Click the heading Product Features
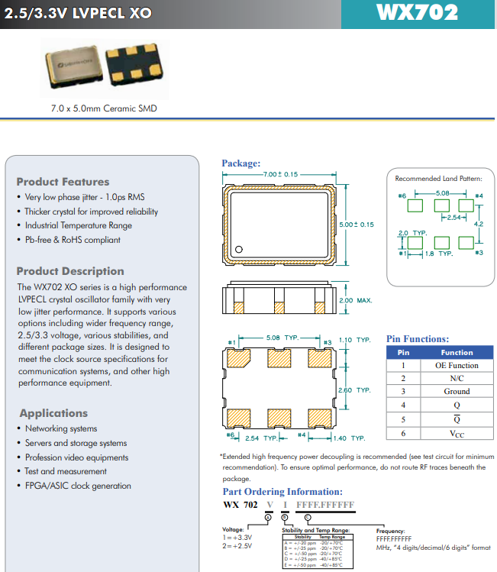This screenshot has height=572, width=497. coord(63,182)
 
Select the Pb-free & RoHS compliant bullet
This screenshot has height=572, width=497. coord(72,240)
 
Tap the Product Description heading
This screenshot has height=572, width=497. coord(70,271)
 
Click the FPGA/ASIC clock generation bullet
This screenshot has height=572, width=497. coord(77,486)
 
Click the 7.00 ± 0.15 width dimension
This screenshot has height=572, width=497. coord(279,175)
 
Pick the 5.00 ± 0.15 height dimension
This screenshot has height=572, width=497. coord(357,225)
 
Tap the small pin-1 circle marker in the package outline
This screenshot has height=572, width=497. coord(238,249)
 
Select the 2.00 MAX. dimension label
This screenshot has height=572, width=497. coord(355,300)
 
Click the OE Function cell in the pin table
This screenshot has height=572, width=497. coord(457,365)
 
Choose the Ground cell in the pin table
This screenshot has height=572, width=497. coord(457,391)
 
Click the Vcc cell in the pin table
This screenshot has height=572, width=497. coord(457,433)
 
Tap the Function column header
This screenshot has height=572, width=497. coord(457,352)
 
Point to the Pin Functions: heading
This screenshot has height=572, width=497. coord(417,339)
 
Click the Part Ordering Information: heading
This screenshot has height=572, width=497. coord(282,492)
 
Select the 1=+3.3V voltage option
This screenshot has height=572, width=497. coord(237,538)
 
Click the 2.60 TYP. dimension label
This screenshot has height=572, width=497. coord(353,390)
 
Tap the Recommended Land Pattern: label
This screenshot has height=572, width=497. coord(438,179)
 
